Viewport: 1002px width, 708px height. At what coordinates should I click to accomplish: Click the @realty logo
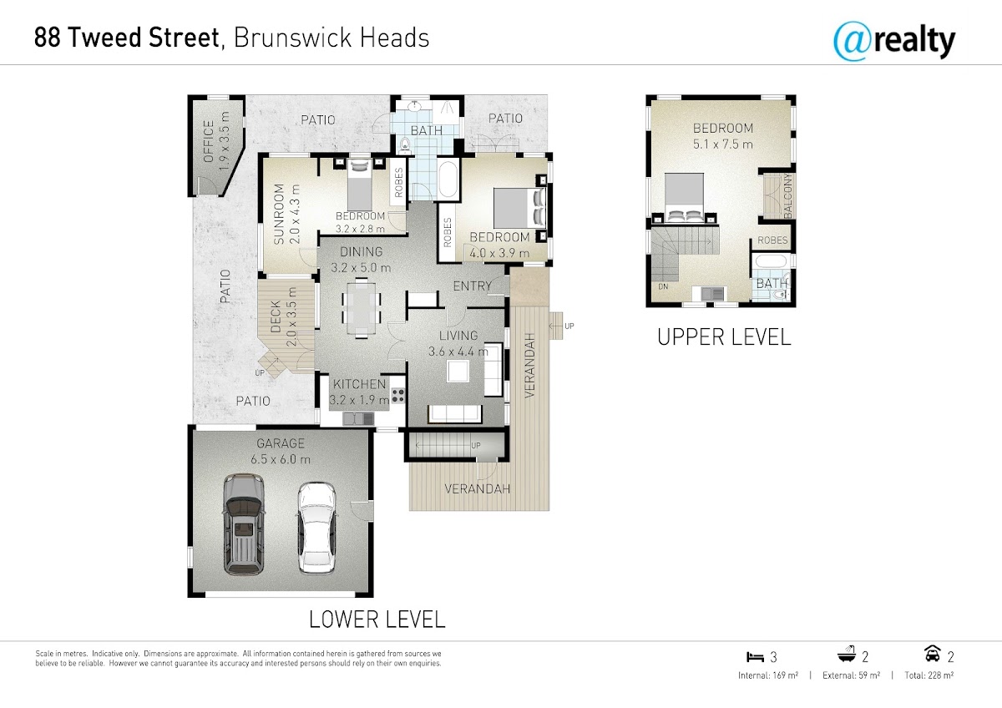click(894, 42)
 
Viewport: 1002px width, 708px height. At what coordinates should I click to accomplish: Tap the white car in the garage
click(316, 528)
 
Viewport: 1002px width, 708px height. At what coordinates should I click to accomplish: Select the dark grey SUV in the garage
click(243, 524)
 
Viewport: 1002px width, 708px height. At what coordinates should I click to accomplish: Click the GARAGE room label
click(281, 443)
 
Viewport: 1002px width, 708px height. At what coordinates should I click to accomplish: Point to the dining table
click(362, 308)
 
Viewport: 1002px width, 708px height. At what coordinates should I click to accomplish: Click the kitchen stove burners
click(398, 395)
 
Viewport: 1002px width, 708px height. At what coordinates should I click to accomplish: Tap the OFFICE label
click(209, 141)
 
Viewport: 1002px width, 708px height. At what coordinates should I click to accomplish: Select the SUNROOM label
click(279, 214)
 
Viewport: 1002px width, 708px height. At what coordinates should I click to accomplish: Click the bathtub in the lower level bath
click(448, 179)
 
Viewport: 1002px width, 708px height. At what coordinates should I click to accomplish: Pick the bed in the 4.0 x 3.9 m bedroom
click(519, 208)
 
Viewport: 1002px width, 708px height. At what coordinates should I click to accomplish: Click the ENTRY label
click(472, 286)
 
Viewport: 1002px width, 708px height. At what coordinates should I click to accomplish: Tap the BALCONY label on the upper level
click(787, 196)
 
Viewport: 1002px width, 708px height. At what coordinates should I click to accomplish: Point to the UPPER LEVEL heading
click(724, 336)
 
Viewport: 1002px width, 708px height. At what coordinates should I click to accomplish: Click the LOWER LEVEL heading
click(377, 619)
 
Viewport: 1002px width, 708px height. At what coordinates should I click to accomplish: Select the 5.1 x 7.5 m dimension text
click(723, 144)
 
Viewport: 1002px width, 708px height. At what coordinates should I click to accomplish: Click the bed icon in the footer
click(755, 656)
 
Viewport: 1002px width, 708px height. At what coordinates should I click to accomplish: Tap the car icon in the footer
click(932, 654)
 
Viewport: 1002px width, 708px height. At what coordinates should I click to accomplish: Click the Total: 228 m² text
click(929, 675)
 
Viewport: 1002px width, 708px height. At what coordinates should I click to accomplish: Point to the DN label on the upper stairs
click(663, 286)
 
